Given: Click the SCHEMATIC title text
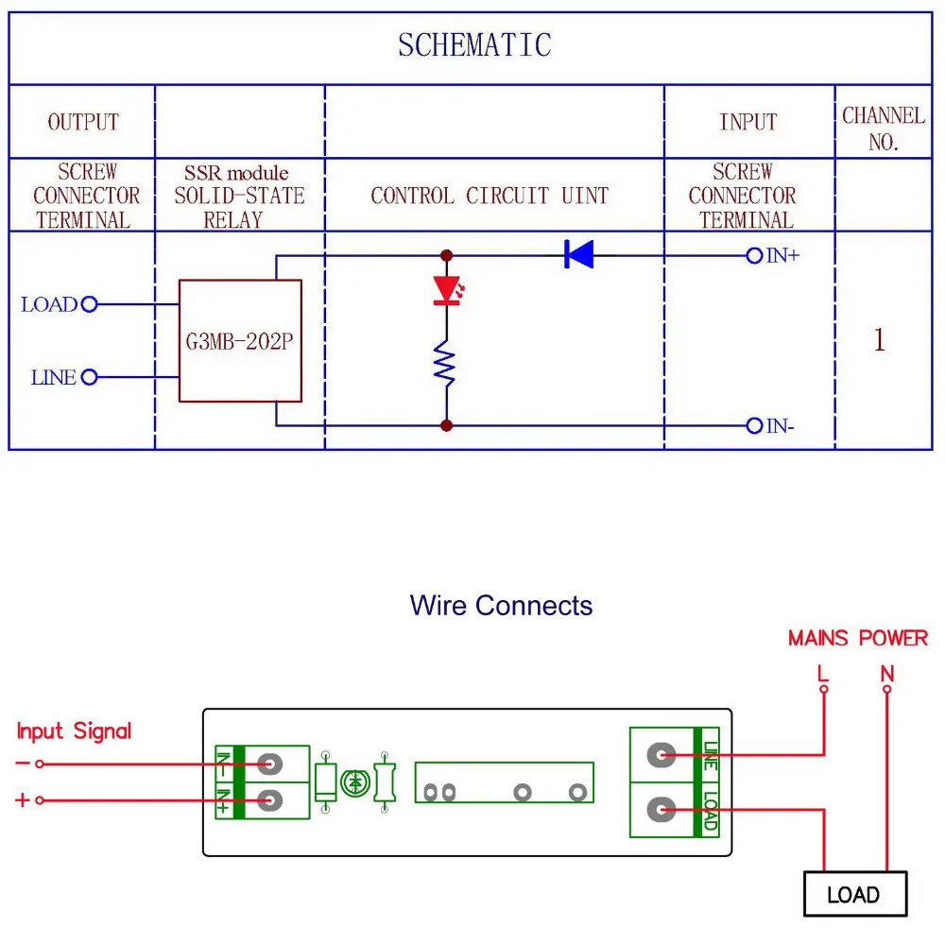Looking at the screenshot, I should [473, 45].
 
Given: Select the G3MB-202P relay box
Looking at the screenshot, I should [240, 341].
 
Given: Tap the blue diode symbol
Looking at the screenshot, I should [578, 254].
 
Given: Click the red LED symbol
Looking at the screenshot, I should [446, 290].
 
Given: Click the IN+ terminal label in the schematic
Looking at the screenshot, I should [782, 255].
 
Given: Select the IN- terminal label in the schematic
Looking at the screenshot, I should [780, 426].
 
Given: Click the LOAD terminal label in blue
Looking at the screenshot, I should [49, 304].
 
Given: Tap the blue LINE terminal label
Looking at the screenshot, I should [53, 378].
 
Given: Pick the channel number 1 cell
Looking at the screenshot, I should [880, 340].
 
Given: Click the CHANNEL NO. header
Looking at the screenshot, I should [883, 129].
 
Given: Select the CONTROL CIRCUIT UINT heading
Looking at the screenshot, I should [490, 197].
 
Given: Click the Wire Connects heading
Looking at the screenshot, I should [501, 606].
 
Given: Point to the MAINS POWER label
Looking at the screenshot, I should [857, 639].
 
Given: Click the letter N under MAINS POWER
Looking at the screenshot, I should [886, 674].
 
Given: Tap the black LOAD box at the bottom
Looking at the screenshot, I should [854, 894].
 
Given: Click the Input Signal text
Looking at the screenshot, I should [74, 730].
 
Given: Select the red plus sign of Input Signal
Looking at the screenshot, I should [22, 800].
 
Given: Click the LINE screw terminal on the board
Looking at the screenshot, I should [661, 754].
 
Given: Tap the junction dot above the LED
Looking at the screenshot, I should [446, 255].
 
